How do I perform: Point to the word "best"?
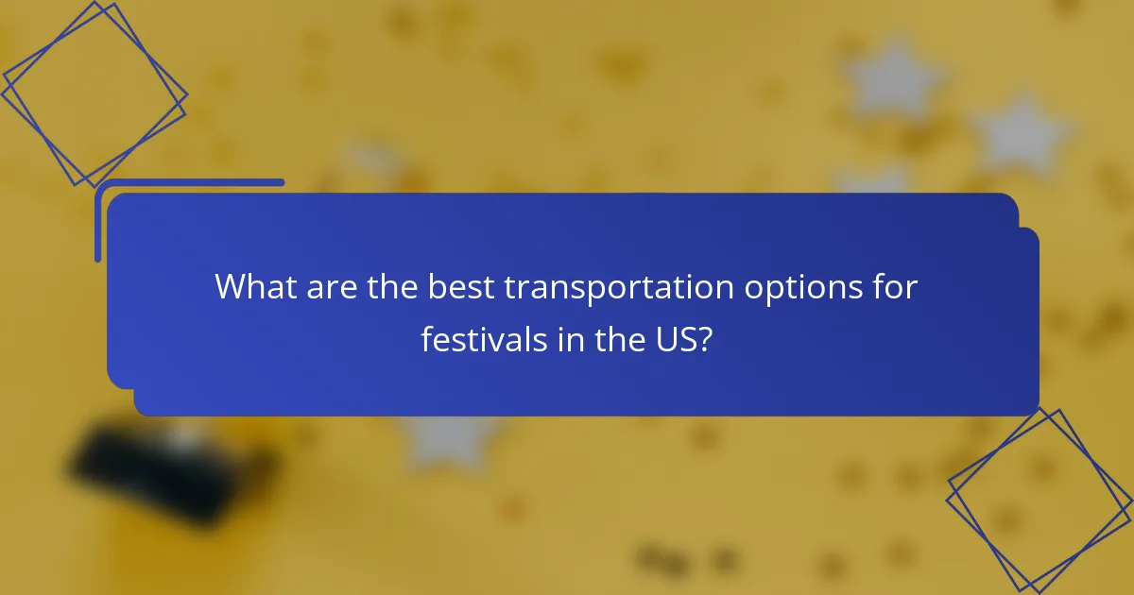click(x=460, y=287)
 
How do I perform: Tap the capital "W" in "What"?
click(x=231, y=287)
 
